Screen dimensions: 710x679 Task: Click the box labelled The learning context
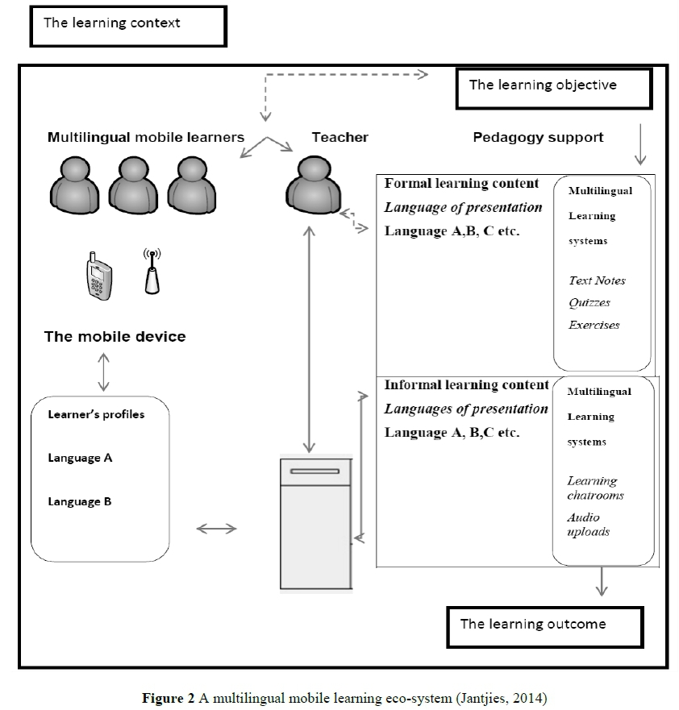(x=127, y=24)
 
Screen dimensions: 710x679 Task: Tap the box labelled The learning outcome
(x=545, y=625)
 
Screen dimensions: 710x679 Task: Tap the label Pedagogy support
(x=538, y=137)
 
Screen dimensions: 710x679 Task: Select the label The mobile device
(x=115, y=336)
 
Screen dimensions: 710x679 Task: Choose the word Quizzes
(x=589, y=303)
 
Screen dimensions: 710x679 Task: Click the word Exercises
(x=594, y=326)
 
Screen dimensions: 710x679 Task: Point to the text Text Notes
(x=597, y=280)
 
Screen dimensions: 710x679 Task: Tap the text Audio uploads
(x=588, y=525)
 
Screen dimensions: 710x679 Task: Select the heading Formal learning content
(x=461, y=184)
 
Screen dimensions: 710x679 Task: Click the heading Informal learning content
(x=466, y=385)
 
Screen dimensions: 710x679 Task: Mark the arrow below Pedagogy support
(x=639, y=143)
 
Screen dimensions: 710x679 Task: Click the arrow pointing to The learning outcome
(x=601, y=582)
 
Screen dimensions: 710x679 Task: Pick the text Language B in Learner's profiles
(x=79, y=501)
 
